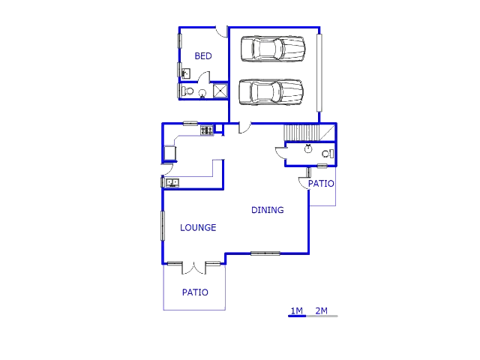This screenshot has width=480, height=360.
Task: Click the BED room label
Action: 203,56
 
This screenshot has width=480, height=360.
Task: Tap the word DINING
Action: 268,210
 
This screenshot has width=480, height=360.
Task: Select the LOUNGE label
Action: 198,227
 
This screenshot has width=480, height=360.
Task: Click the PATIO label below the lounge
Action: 195,292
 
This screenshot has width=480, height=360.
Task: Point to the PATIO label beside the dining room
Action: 321,184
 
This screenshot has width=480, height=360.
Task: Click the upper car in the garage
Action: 273,49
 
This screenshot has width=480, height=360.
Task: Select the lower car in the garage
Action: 271,92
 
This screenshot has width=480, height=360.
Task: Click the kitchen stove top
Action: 207,130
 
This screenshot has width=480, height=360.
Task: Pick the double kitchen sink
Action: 172,183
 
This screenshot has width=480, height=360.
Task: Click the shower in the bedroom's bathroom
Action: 220,91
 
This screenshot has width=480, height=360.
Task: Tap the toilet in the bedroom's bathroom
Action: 187,91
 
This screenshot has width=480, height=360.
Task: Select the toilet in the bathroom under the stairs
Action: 328,154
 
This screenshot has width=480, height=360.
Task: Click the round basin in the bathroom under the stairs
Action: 308,148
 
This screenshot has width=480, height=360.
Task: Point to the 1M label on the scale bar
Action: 296,311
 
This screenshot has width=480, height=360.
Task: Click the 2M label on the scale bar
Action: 322,311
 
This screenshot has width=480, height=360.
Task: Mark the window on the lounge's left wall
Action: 163,226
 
